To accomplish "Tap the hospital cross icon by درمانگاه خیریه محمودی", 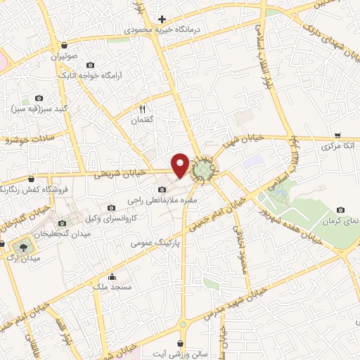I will [162, 19].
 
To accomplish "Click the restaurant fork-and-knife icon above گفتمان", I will [142, 109].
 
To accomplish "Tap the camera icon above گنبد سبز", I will [39, 99].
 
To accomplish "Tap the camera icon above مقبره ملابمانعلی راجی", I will [163, 189].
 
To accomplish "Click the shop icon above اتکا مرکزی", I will [337, 136].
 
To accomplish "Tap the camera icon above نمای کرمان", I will [341, 210].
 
